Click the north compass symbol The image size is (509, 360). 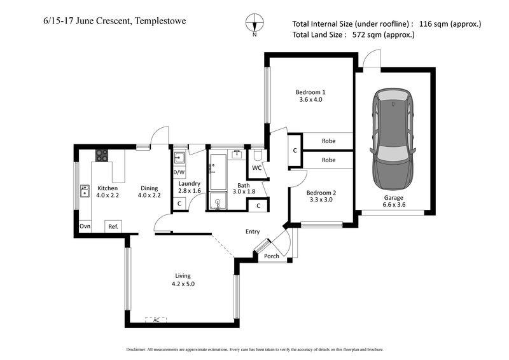(254, 23)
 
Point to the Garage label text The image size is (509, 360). (393, 197)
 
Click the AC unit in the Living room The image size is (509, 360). (156, 320)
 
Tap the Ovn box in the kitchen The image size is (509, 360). (84, 226)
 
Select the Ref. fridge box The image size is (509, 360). (113, 226)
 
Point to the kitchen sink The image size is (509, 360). (84, 190)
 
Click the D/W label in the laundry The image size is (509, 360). (179, 172)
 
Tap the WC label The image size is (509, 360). (256, 168)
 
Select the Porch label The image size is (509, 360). (272, 256)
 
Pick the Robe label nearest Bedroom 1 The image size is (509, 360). (328, 141)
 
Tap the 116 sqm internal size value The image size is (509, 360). (434, 24)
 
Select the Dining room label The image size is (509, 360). (149, 188)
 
